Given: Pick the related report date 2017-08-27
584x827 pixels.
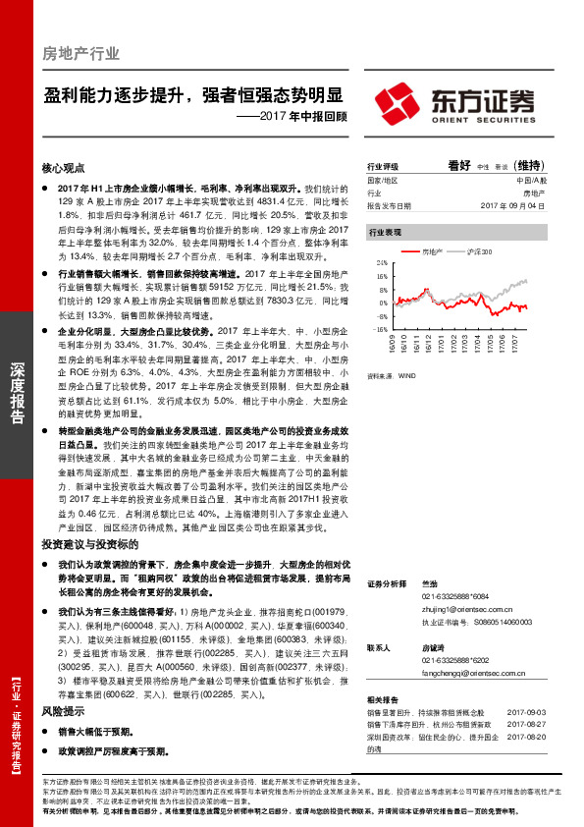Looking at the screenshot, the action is (525, 723).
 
